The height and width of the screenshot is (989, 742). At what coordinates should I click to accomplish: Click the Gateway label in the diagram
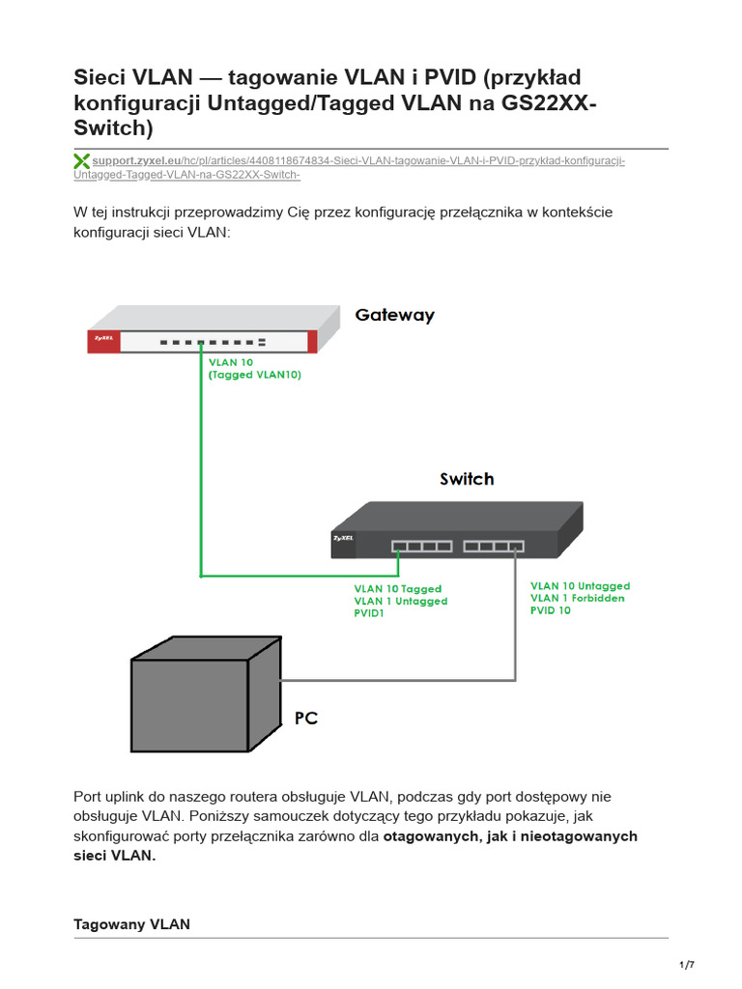pyautogui.click(x=394, y=315)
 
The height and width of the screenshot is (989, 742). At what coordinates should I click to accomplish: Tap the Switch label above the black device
pyautogui.click(x=467, y=479)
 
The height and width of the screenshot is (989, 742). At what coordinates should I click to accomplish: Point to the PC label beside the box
pyautogui.click(x=305, y=719)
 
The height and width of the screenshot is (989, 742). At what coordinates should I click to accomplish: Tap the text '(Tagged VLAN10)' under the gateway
pyautogui.click(x=255, y=376)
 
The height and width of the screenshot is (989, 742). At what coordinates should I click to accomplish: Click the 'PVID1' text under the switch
pyautogui.click(x=369, y=613)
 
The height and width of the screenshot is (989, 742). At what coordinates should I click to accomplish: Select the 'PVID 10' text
pyautogui.click(x=551, y=610)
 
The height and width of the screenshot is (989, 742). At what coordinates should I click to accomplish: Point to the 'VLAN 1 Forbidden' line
pyautogui.click(x=578, y=598)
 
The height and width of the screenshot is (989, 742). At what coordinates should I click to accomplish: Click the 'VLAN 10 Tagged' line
pyautogui.click(x=397, y=588)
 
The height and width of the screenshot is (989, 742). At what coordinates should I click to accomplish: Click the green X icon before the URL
pyautogui.click(x=82, y=161)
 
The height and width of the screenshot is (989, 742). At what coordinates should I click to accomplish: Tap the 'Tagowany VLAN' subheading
pyautogui.click(x=131, y=924)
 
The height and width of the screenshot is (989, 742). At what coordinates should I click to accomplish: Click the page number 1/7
pyautogui.click(x=687, y=965)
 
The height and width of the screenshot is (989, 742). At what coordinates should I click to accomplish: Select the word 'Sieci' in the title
pyautogui.click(x=102, y=77)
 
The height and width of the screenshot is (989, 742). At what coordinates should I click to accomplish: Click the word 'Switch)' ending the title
pyautogui.click(x=113, y=128)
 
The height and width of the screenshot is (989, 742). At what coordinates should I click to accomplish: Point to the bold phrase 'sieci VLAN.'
pyautogui.click(x=114, y=855)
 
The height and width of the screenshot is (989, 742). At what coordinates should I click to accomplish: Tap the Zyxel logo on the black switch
pyautogui.click(x=344, y=538)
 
